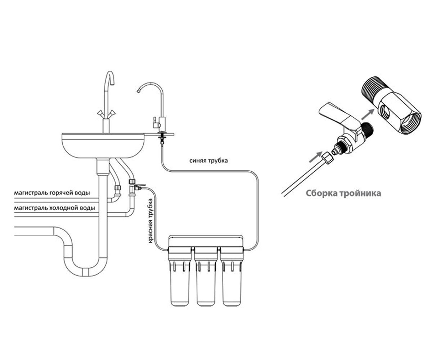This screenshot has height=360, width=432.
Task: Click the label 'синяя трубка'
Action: [x=208, y=161]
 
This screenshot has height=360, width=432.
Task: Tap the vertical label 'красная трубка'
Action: [x=150, y=221]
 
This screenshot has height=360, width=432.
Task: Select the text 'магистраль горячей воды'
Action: [x=52, y=193]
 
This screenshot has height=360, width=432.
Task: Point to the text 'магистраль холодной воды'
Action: [x=54, y=208]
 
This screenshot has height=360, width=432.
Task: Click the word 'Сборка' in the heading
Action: [x=321, y=193]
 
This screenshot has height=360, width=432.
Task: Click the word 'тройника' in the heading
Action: [x=360, y=193]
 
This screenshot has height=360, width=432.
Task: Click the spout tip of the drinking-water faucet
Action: [x=139, y=91]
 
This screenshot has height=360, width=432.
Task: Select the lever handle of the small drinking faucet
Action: [x=154, y=122]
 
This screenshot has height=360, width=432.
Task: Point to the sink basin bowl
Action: [x=103, y=146]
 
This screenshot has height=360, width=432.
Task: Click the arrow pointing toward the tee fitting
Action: [x=368, y=114]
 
